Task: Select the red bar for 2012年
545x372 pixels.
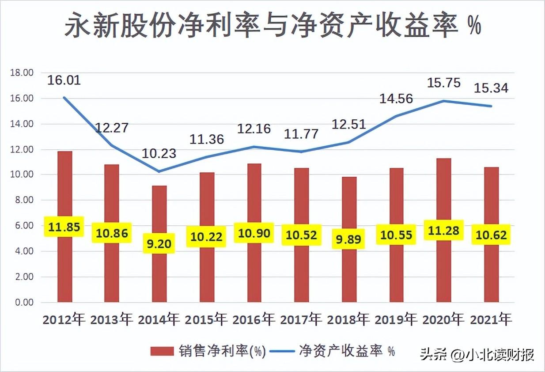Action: [65, 227]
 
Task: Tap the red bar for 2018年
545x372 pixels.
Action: [349, 239]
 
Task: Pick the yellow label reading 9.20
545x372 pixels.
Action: [159, 243]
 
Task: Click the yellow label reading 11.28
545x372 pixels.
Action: [443, 230]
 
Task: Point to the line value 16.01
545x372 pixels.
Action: [64, 80]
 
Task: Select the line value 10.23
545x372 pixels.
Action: [159, 154]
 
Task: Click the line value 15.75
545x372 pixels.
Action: [444, 83]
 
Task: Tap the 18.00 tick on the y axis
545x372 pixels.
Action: [22, 72]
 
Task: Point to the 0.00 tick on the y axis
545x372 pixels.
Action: [24, 302]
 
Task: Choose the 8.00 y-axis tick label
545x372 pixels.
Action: [24, 200]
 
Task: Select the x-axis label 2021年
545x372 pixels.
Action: [491, 319]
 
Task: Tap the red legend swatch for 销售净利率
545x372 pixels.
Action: [162, 351]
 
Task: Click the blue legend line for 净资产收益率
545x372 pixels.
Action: [282, 351]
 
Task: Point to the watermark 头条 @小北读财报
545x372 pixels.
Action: [477, 354]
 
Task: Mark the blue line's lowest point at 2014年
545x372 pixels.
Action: [159, 171]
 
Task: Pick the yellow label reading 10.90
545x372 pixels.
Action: [254, 233]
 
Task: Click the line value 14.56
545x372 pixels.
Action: [396, 99]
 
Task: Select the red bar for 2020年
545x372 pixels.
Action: [444, 230]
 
